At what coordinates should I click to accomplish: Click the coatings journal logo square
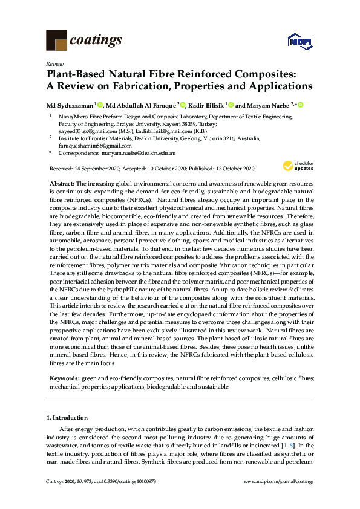56,40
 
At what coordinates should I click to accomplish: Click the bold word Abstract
63,183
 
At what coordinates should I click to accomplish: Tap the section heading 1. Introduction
67,418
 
